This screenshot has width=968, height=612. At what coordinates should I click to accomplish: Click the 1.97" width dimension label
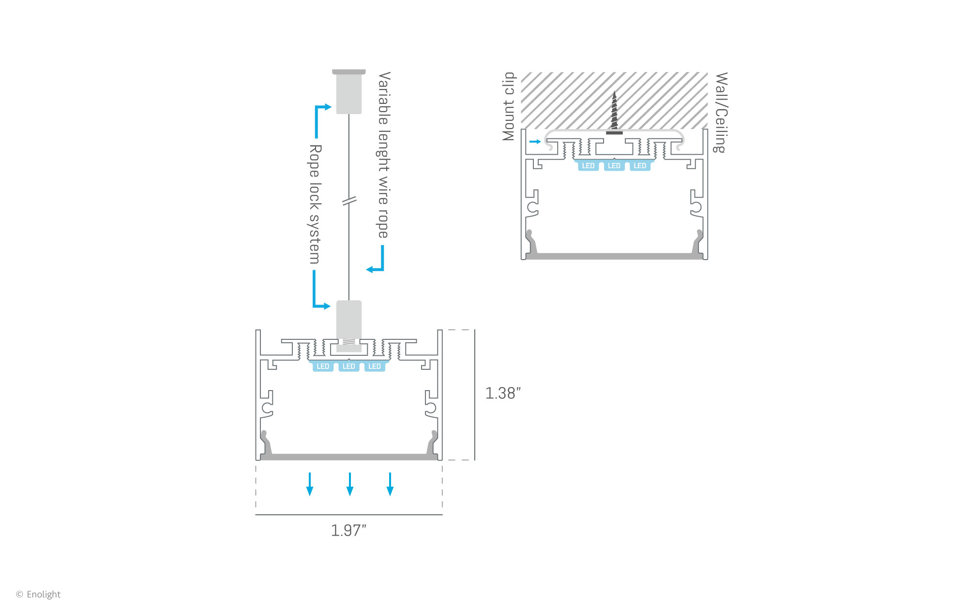coord(348,530)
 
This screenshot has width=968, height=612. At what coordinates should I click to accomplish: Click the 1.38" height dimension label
coord(503,393)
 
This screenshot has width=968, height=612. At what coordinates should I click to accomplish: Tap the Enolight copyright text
coord(39,594)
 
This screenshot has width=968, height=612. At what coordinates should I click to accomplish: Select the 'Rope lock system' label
coord(315,204)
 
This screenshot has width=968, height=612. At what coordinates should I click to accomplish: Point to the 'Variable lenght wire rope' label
coord(383,155)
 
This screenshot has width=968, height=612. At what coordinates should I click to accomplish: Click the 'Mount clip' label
coord(509,106)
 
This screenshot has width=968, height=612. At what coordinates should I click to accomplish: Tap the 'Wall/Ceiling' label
coord(721,112)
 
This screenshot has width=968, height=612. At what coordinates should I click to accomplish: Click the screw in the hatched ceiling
coord(614,113)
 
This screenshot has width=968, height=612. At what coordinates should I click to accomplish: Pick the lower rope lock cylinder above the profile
coord(349,321)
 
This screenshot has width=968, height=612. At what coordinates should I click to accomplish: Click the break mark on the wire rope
coord(349,200)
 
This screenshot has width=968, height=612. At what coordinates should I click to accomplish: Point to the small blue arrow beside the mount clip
coord(535,142)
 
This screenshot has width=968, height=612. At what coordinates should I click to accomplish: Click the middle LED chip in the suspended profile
coord(348,366)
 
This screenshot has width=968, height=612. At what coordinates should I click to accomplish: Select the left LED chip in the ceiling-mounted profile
coord(588,166)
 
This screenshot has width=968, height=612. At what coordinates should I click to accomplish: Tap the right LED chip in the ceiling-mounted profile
coord(640,166)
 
